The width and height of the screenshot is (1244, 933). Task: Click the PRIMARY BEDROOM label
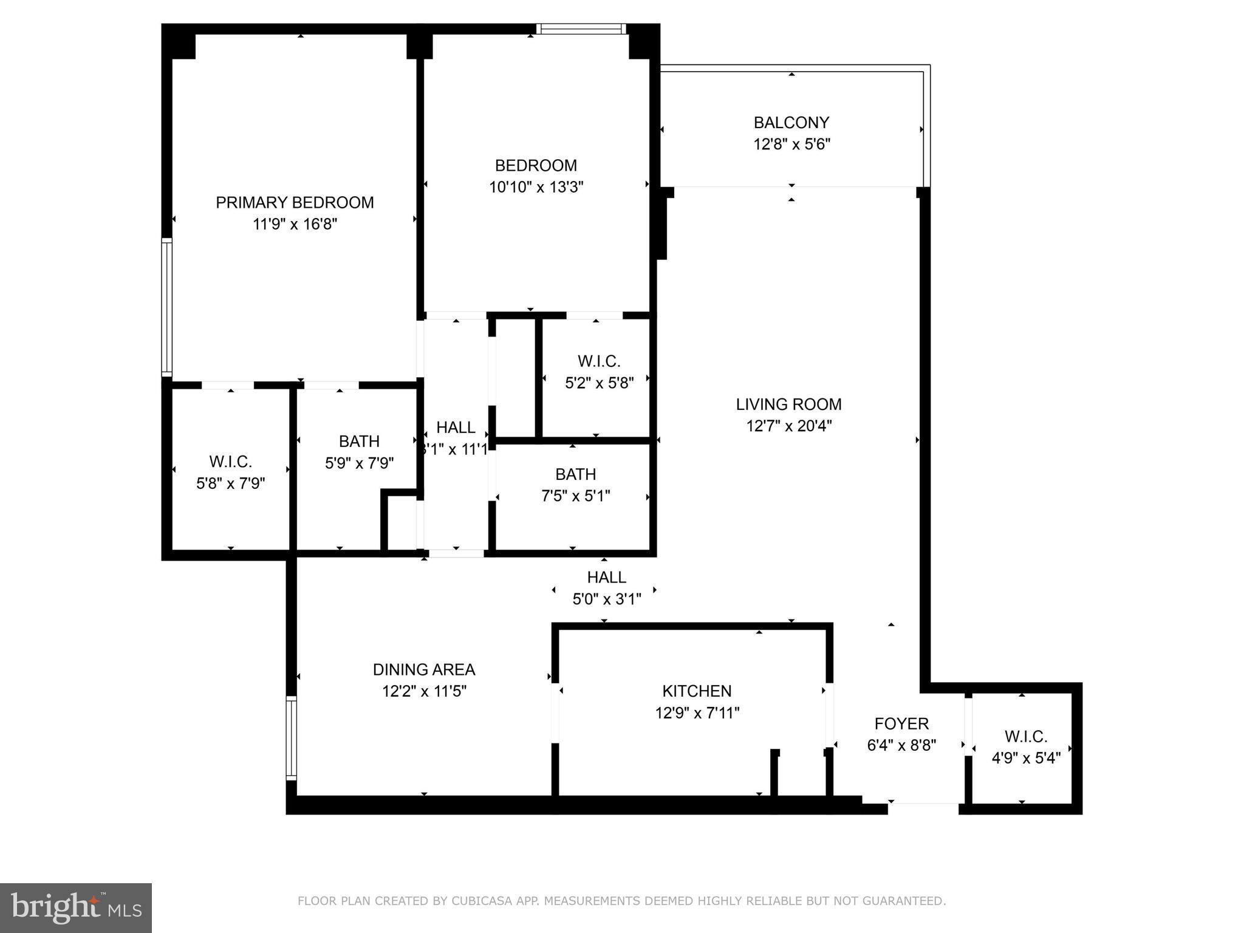point(295,202)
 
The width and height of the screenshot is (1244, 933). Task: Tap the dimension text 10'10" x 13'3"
point(536,187)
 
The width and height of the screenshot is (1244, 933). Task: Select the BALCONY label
point(791,123)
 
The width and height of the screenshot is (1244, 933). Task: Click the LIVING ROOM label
point(788,404)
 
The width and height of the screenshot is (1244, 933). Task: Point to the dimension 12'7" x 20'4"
point(788,426)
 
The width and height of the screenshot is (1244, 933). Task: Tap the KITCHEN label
point(697,691)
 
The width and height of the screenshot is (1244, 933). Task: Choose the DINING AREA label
point(423,669)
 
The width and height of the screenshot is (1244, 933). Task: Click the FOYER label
point(901,723)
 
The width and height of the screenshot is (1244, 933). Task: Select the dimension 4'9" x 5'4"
point(1026,758)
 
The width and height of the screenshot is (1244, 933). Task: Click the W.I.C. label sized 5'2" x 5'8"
point(599,361)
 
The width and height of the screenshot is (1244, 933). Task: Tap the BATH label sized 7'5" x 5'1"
point(575,474)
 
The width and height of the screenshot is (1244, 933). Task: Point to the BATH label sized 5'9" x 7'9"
point(359,441)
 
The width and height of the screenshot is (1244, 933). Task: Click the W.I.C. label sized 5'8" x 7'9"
point(230,462)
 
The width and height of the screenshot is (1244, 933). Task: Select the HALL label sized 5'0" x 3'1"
point(606,577)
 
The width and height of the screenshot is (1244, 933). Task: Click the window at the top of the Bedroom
point(581,29)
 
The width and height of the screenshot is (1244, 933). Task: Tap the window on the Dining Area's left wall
point(292,739)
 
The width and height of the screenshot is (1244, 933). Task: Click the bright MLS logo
point(76,907)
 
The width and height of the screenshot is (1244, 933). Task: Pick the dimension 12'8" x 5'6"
point(791,145)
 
